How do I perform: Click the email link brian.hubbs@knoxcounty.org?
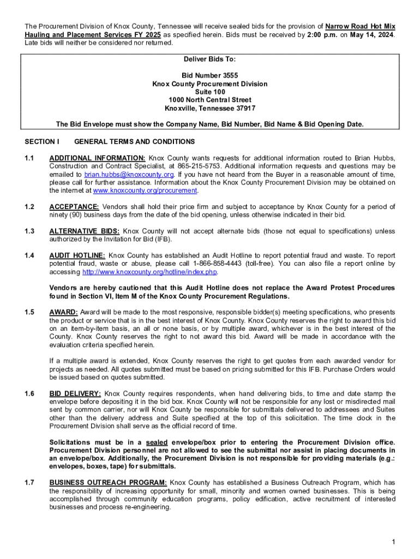point(129,174)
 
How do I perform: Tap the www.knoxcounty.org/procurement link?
point(145,191)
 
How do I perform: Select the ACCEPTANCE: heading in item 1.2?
point(74,207)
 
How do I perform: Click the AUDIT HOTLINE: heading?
point(77,255)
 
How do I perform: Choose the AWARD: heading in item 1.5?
point(63,312)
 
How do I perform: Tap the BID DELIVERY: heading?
point(75,394)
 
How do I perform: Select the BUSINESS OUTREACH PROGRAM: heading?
point(108,483)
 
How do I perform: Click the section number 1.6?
point(29,394)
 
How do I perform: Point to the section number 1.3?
point(29,231)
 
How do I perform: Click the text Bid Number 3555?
point(210,75)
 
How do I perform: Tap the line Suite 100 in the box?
point(210,92)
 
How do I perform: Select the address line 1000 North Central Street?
point(210,100)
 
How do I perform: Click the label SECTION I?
point(42,142)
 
